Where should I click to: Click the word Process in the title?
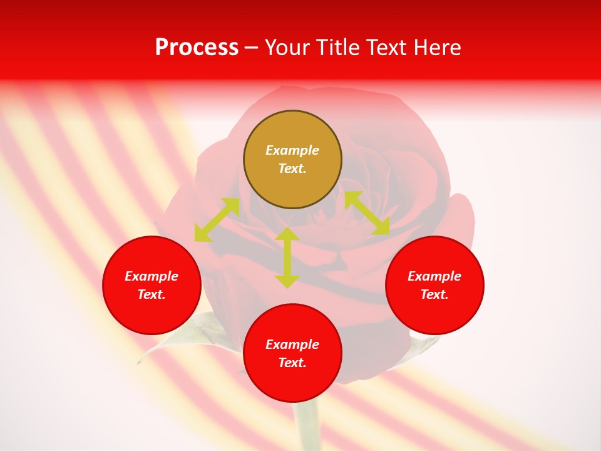pos(197,48)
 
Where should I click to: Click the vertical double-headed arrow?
pos(287,257)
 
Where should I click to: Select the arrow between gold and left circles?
pos(217,220)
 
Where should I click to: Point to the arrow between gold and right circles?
pos(367,213)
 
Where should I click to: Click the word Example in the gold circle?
pos(292,150)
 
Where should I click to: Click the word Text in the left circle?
pos(152,294)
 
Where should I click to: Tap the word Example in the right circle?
pos(434,276)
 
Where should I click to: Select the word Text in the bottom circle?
pos(292,363)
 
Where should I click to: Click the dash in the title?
pos(251,48)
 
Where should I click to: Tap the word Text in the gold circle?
pos(292,168)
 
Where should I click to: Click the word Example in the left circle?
pos(152,276)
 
